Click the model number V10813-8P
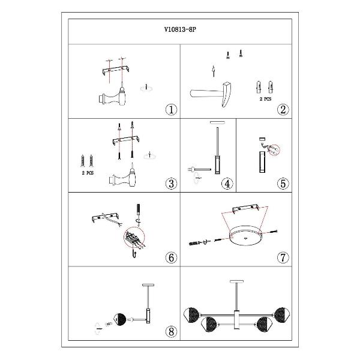tap(180, 29)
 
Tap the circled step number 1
tap(171, 110)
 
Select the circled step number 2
tap(283, 110)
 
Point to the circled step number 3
tap(171, 184)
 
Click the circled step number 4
tap(227, 184)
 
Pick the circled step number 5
tap(283, 184)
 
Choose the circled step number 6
tap(171, 257)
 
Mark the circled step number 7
tap(283, 257)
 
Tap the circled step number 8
tap(171, 332)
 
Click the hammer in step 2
tap(211, 94)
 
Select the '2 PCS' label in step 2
tap(265, 99)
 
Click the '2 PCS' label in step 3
tap(88, 173)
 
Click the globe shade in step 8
tap(121, 319)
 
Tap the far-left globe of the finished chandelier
tap(191, 314)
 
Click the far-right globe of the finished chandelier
tap(282, 314)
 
